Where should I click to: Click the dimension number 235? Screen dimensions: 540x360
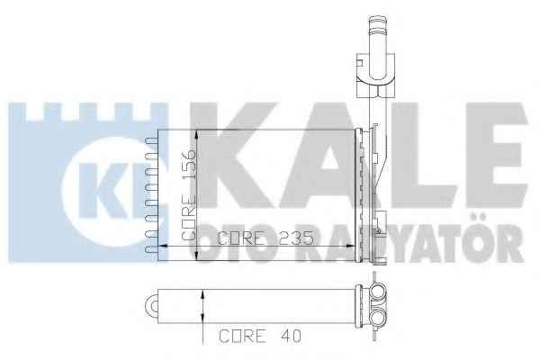click(295, 238)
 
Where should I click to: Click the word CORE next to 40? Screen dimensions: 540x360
click(243, 336)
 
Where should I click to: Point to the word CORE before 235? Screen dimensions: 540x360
click(241, 238)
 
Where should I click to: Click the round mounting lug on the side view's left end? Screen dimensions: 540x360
click(152, 306)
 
